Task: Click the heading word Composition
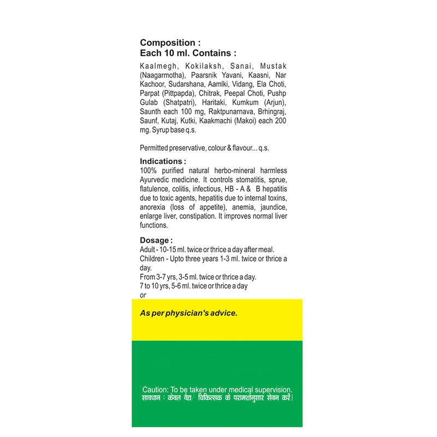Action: [x=167, y=43]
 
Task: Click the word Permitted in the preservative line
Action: [x=156, y=148]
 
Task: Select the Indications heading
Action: [x=162, y=162]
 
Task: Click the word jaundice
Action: [x=273, y=207]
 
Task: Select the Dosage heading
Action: [x=156, y=240]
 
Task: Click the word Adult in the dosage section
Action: [x=149, y=249]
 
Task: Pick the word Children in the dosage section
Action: [x=154, y=258]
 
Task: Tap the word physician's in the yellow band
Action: [x=184, y=314]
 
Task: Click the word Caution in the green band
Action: [x=155, y=389]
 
